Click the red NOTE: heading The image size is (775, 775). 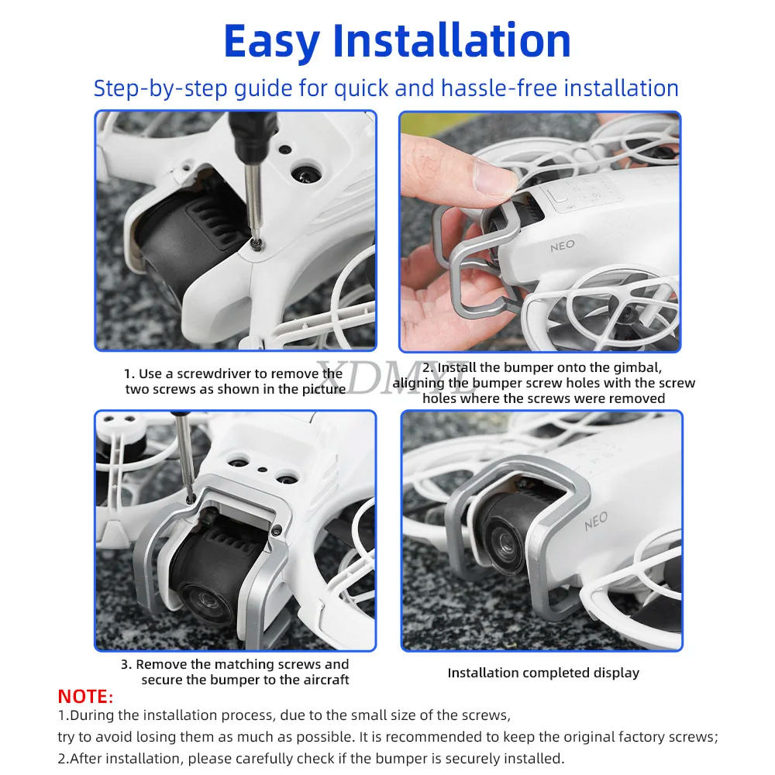click(x=85, y=696)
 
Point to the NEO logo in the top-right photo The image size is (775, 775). click(x=563, y=246)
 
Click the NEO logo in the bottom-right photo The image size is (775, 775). click(x=595, y=521)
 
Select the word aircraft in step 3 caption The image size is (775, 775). click(x=322, y=680)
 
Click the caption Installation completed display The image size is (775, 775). click(x=543, y=673)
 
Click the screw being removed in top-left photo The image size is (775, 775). click(x=256, y=244)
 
